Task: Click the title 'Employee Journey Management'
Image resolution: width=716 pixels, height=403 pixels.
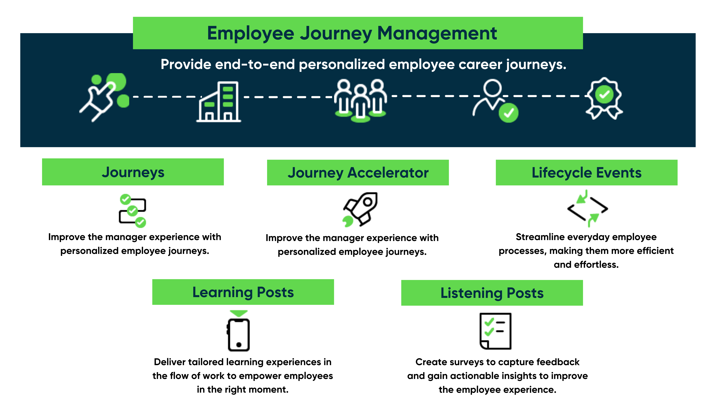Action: pos(352,33)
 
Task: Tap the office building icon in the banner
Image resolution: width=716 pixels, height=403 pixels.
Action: pos(218,102)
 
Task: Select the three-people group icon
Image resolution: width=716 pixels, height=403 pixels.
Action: pos(361,101)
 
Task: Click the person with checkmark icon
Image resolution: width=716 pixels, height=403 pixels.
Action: pos(495,101)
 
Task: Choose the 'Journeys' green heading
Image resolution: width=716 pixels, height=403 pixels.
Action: pos(133,172)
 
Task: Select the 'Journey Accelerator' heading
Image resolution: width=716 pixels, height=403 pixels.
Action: pos(358,173)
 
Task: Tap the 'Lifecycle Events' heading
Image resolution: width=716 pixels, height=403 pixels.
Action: pos(586,173)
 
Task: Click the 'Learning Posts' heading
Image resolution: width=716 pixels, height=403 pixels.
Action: pos(243,292)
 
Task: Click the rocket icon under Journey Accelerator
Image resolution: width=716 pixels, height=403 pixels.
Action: pos(360,209)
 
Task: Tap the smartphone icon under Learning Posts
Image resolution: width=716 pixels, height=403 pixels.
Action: pos(239,331)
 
